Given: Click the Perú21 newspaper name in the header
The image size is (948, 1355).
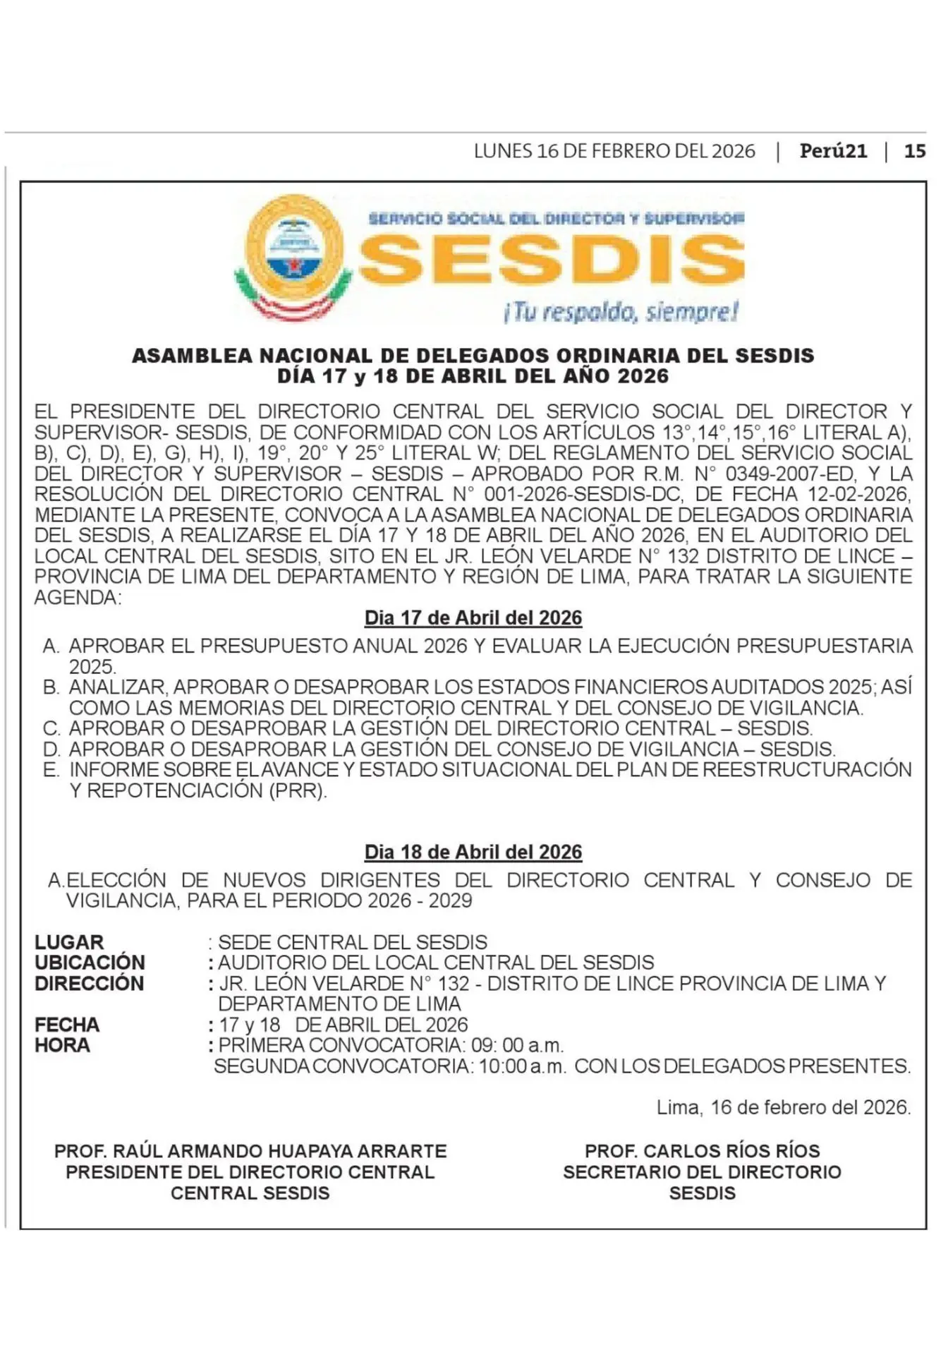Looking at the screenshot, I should click(x=833, y=151).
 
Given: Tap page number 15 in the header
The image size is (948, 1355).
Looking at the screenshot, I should click(x=914, y=151).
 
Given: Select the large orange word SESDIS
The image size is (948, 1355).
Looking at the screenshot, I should click(x=552, y=259).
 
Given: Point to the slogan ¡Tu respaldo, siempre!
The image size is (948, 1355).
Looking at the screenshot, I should click(x=621, y=311).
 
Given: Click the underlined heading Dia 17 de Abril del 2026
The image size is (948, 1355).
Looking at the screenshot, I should click(x=473, y=618).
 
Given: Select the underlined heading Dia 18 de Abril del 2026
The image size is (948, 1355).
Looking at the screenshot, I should click(x=473, y=853).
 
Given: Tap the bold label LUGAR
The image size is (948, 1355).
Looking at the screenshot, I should click(x=69, y=942).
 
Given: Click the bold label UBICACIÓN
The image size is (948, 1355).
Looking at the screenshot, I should click(x=90, y=963).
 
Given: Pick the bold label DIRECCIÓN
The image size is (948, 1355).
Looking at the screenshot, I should click(x=89, y=983).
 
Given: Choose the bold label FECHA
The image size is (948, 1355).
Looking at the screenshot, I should click(x=67, y=1025).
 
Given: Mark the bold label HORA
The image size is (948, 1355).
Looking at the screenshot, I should click(x=62, y=1045).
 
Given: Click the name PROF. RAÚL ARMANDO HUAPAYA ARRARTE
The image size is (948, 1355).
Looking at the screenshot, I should click(x=250, y=1151).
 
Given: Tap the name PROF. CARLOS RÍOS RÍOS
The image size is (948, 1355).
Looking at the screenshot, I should click(x=702, y=1151).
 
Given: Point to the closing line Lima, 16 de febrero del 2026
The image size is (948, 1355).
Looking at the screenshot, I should click(x=784, y=1107).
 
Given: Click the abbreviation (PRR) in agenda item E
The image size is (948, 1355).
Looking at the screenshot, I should click(x=298, y=790).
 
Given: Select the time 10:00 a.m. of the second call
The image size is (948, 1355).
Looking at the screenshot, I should click(x=522, y=1066).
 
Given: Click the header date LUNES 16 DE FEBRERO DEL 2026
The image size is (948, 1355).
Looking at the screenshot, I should click(x=614, y=151).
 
